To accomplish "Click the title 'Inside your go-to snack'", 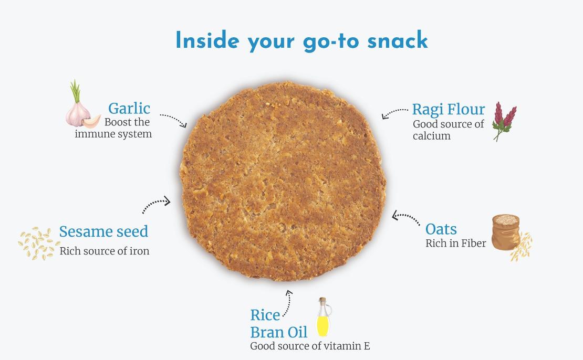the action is pyautogui.click(x=301, y=40).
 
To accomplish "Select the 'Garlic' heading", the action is pyautogui.click(x=129, y=109).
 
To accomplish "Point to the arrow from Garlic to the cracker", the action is pyautogui.click(x=174, y=119).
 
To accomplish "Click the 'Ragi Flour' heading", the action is pyautogui.click(x=449, y=110).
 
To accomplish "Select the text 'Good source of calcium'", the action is pyautogui.click(x=449, y=130).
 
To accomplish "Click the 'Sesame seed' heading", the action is pyautogui.click(x=104, y=231).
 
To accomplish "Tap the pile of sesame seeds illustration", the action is pyautogui.click(x=39, y=243).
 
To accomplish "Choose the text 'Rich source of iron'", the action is pyautogui.click(x=105, y=251).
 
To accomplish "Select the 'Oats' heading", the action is pyautogui.click(x=441, y=229).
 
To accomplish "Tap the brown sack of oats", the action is pyautogui.click(x=506, y=232).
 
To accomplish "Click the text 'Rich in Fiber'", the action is pyautogui.click(x=456, y=243).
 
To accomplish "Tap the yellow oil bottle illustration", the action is pyautogui.click(x=323, y=317).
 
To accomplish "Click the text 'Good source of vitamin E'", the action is pyautogui.click(x=310, y=346).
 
